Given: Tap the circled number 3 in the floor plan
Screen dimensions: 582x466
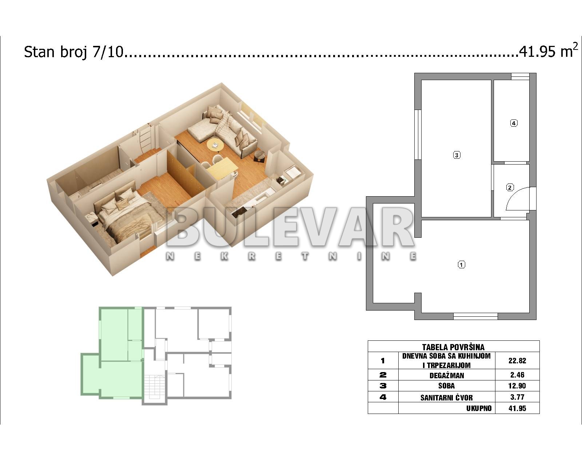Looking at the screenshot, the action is [x=457, y=155].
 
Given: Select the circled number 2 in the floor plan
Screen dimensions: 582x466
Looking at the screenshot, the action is [x=510, y=187].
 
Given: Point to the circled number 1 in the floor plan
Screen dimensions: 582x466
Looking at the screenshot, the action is [x=461, y=265].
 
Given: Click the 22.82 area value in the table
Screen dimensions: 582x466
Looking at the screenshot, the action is [x=517, y=361].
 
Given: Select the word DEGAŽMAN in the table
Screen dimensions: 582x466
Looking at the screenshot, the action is [x=447, y=375].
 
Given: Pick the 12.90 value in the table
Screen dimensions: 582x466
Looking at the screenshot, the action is [x=517, y=386].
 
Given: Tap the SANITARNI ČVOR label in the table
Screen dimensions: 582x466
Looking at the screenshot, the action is [x=447, y=398].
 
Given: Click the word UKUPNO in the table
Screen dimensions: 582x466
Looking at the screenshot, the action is [x=479, y=408].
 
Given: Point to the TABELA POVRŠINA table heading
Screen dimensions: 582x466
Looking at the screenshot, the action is [x=453, y=347].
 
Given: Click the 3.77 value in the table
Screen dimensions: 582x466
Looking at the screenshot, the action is [x=517, y=397].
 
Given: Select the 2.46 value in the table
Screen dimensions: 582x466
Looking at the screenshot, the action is [x=517, y=375].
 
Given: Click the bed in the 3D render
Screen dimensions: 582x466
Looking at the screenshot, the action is [x=127, y=214].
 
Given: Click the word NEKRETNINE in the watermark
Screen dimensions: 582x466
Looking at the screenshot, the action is [x=291, y=256].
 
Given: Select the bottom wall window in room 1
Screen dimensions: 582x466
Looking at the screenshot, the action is [x=475, y=316].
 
